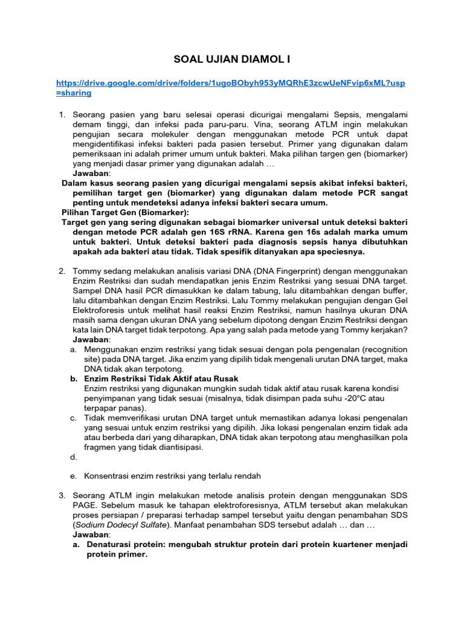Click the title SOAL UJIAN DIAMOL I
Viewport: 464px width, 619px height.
231,59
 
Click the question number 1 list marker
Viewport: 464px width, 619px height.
62,114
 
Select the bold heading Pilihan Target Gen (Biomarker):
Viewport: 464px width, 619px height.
125,212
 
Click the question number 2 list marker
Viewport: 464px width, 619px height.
62,271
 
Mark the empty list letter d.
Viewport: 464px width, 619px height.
72,457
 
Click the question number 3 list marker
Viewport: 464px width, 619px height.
62,496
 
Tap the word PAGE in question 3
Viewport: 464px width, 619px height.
83,505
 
